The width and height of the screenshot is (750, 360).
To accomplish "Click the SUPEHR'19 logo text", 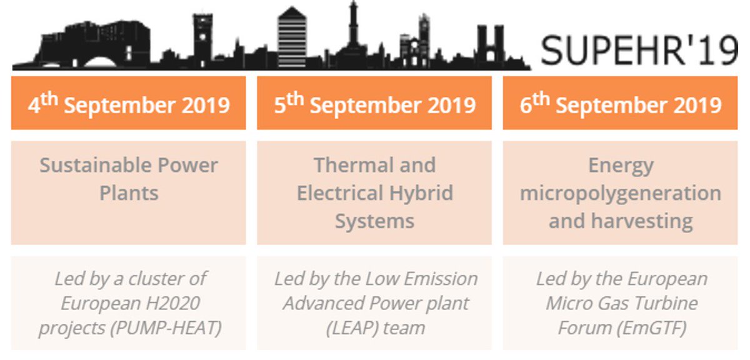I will coord(639,49).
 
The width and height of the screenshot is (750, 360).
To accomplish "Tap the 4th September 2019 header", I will coord(128,104).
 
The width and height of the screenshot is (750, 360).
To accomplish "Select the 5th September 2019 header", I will coord(374,104).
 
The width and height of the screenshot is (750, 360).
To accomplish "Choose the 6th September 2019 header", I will coord(620,104).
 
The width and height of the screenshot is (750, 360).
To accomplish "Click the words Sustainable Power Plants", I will coord(128,179).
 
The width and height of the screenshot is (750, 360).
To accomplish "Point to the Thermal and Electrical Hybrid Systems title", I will coord(374,192).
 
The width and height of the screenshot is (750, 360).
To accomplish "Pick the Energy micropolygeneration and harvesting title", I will coord(620,192).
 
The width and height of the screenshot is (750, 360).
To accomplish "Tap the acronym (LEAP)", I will coord(352,327).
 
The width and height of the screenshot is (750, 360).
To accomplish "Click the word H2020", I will coord(169,303).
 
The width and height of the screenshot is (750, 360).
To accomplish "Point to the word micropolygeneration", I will coord(620,193).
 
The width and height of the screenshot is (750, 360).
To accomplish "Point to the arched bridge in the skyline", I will coord(101,61).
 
